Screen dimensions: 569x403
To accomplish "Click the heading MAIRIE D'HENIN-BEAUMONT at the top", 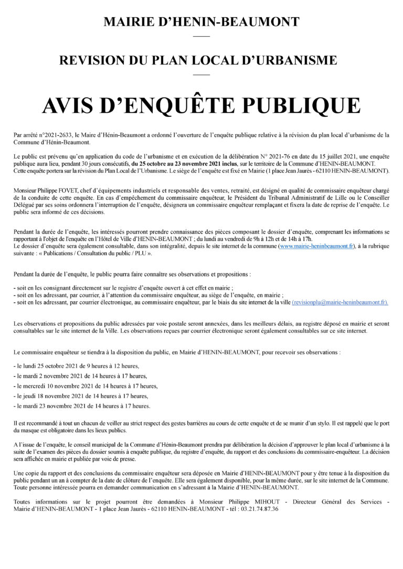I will click(x=201, y=23).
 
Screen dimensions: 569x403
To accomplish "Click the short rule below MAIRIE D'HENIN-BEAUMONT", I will click(x=201, y=36).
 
